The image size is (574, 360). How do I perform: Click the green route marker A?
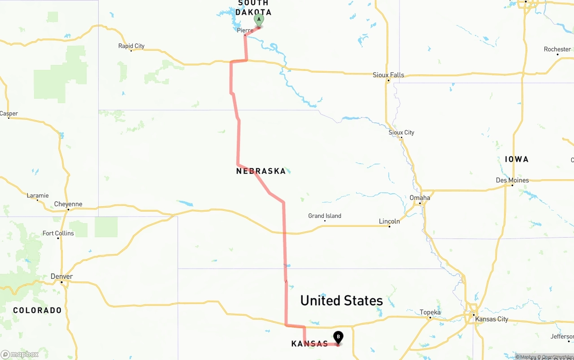[259, 20]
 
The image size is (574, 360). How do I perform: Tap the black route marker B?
[338, 337]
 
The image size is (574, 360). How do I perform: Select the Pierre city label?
[245, 30]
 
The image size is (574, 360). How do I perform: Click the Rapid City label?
[131, 46]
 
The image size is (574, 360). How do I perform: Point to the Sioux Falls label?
[388, 75]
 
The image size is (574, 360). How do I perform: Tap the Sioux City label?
[401, 132]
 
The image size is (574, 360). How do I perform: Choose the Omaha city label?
[420, 198]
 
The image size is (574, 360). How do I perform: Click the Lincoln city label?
[389, 221]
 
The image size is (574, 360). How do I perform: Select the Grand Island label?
[325, 216]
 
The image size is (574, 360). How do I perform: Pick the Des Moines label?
[512, 180]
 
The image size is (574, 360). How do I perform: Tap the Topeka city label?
[430, 312]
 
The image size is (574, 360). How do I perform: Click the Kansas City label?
[491, 319]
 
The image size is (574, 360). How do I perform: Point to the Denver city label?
[62, 276]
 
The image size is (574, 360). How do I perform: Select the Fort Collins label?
[58, 233]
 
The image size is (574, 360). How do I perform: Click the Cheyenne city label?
[68, 204]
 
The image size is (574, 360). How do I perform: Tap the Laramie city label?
[38, 195]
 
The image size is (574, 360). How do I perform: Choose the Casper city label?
[9, 113]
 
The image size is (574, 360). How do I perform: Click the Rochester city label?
[557, 49]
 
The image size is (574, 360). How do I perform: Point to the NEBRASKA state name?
[261, 171]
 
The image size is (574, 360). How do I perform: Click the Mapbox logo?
[20, 355]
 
